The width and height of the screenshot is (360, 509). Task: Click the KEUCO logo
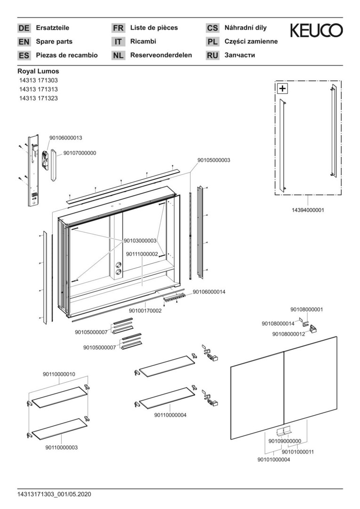click(316, 31)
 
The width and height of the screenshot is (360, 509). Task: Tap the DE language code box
click(24, 28)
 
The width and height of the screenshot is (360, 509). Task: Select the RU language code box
click(213, 56)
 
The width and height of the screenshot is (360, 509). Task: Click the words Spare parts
click(54, 41)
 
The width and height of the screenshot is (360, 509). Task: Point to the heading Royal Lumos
click(38, 71)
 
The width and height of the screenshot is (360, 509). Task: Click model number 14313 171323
click(39, 98)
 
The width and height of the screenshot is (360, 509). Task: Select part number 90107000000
click(80, 153)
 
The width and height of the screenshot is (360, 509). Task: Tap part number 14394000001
click(308, 210)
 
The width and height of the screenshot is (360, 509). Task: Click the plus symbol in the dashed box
click(282, 88)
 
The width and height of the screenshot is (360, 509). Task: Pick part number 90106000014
click(209, 292)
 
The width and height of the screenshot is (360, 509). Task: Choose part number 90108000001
click(306, 310)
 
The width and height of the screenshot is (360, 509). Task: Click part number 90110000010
click(59, 374)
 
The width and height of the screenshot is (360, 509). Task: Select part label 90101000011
click(298, 452)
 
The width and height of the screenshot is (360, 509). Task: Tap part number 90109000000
click(285, 441)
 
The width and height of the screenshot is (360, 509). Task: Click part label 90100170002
click(145, 311)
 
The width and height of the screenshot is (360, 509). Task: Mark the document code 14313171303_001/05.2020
click(54, 494)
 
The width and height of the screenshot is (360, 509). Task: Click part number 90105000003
click(213, 160)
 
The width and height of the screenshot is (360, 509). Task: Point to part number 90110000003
click(61, 447)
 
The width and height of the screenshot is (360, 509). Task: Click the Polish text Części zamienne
click(251, 41)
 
